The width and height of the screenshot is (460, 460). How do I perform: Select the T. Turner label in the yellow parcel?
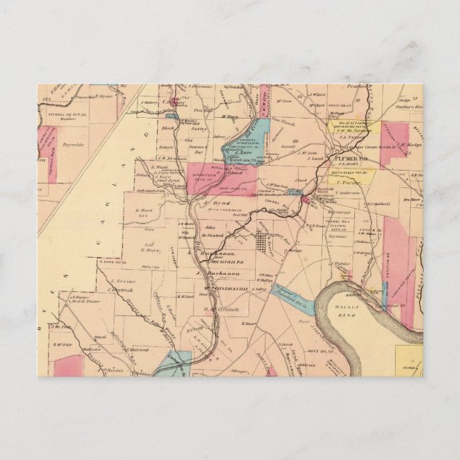click(346, 181)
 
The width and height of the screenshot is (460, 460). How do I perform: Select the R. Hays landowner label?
click(148, 250)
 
